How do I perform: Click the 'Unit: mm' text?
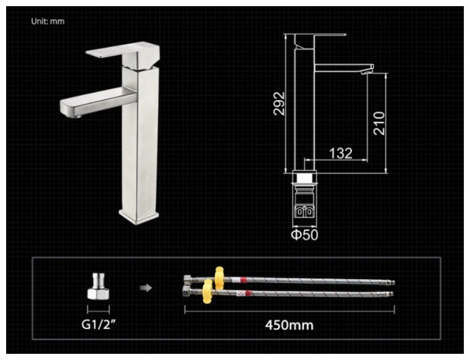pyautogui.click(x=47, y=22)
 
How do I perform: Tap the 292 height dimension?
pyautogui.click(x=280, y=104)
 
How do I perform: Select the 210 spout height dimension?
pyautogui.click(x=379, y=123)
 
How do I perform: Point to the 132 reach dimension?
pyautogui.click(x=341, y=153)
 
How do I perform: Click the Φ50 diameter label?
pyautogui.click(x=304, y=235)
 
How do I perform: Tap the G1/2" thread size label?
pyautogui.click(x=99, y=324)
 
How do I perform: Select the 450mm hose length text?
pyautogui.click(x=290, y=325)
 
